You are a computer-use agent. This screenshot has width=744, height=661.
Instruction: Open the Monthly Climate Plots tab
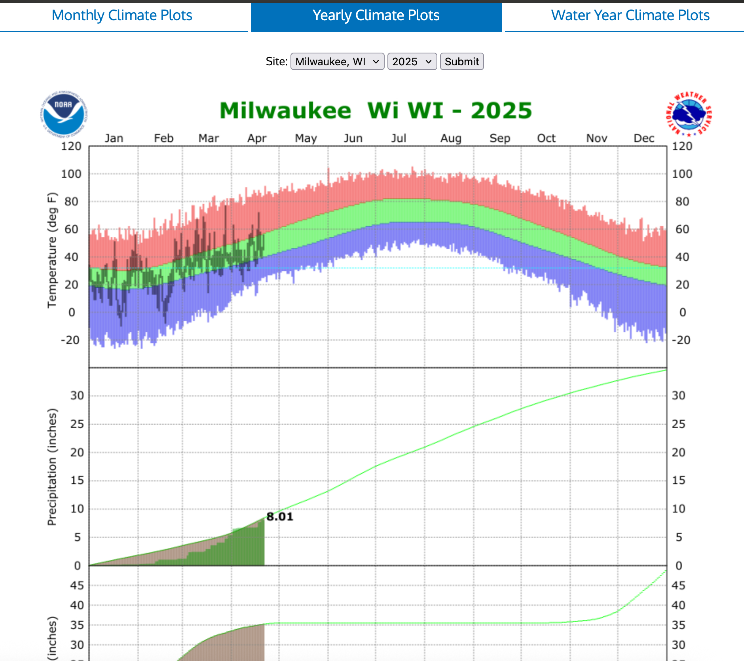pos(122,15)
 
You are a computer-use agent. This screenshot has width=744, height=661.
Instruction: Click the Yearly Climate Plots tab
pos(376,15)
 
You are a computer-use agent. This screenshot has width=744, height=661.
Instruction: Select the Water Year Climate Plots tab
pos(630,15)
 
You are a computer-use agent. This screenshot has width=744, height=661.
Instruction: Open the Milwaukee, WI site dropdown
pos(337,62)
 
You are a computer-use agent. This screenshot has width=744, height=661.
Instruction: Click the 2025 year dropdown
pos(412,62)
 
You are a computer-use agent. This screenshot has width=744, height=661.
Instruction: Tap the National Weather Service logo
pos(689,114)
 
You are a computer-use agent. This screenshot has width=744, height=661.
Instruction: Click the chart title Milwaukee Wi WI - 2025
pos(376,110)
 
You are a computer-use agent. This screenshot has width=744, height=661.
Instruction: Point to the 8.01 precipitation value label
pos(280,517)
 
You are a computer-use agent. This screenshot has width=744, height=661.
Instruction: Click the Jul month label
pos(399,138)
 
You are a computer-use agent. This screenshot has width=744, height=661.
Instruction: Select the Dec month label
pos(644,138)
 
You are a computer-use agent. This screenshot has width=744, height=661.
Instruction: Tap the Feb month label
pos(163,138)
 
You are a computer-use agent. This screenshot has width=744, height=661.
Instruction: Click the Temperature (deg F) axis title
pos(52,250)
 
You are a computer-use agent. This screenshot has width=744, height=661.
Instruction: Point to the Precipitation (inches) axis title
pos(52,467)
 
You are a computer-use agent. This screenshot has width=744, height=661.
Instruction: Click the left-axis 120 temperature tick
pos(71,146)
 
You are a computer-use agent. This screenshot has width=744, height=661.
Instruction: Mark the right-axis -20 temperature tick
pos(681,340)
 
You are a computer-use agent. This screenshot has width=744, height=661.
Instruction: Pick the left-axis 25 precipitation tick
pos(77,424)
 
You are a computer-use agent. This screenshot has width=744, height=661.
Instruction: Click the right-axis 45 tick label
pos(678,585)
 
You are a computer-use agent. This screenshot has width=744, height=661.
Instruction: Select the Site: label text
pos(277,62)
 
